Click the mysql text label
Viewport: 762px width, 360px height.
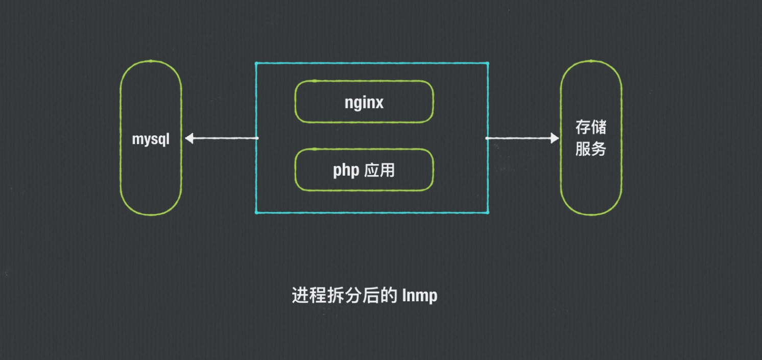[151, 139]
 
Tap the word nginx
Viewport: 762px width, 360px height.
[364, 102]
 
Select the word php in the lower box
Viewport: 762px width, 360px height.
[346, 170]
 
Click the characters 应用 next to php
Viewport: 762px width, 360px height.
[380, 170]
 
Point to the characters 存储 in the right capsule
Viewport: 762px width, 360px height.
[591, 127]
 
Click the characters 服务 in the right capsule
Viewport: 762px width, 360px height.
[591, 149]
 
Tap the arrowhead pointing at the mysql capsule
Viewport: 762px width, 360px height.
[189, 138]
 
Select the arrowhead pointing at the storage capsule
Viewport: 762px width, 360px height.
[555, 138]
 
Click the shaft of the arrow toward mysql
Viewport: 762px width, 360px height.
[225, 138]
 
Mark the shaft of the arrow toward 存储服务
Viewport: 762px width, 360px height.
[518, 138]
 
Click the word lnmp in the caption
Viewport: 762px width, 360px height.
[420, 295]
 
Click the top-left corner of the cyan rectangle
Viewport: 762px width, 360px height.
[256, 63]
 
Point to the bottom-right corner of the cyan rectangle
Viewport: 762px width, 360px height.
[488, 212]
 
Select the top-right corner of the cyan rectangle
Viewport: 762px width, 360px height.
[488, 63]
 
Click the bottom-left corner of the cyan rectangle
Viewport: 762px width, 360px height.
[256, 212]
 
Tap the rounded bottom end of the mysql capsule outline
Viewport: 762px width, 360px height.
[151, 214]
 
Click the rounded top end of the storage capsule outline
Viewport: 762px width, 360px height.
[591, 61]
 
